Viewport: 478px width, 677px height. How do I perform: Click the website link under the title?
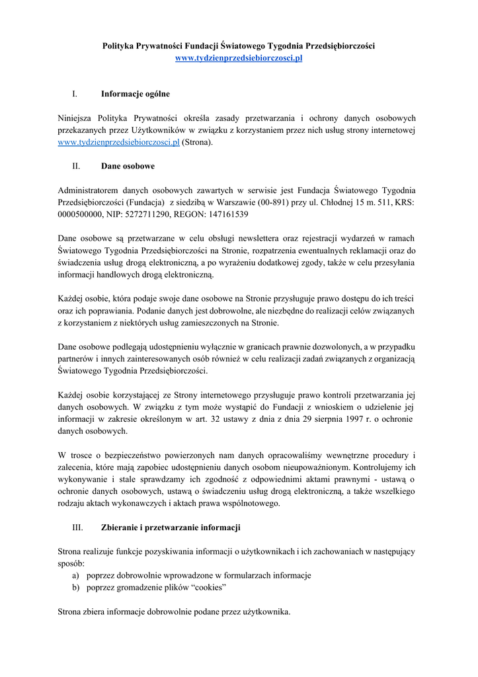tap(239, 59)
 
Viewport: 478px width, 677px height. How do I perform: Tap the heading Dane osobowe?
tap(128, 166)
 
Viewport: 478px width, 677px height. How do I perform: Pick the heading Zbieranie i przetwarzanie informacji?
tap(171, 528)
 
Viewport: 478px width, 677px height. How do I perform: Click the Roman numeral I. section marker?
tap(75, 94)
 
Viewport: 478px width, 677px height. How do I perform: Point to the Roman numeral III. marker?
tap(77, 528)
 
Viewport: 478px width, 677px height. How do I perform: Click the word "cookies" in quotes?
tap(208, 587)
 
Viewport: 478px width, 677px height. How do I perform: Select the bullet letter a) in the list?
tap(76, 575)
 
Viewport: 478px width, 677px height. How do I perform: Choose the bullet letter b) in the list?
tap(76, 587)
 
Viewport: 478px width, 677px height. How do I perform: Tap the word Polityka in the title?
tap(119, 46)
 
